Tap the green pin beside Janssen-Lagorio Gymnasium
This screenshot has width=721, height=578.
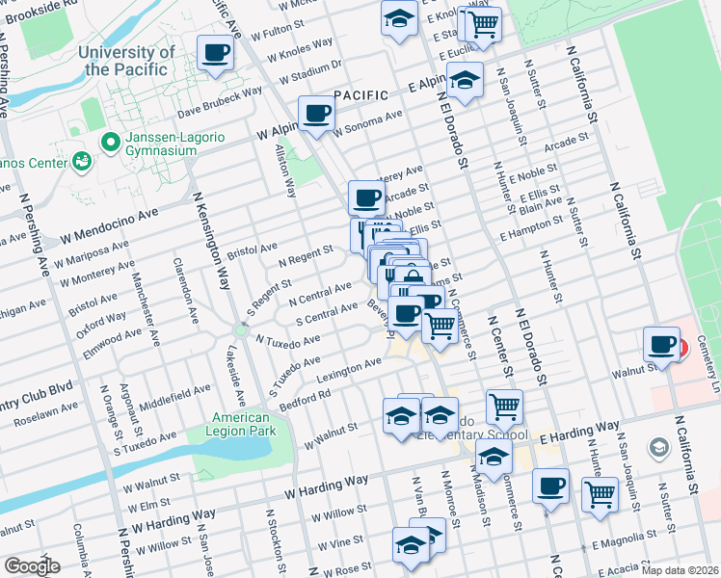pos(111,144)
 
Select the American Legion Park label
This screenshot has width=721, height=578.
pos(242,424)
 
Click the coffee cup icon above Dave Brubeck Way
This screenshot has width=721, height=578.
pos(216,53)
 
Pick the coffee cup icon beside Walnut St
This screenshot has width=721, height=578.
pos(663,344)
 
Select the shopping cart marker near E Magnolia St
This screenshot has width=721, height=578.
pos(601,495)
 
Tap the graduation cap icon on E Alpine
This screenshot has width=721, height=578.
pos(465,82)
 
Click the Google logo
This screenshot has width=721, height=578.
pos(32,565)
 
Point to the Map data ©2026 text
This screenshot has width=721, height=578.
pos(679,569)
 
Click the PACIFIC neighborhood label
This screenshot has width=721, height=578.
pos(360,95)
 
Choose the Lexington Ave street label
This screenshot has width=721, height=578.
pos(350,370)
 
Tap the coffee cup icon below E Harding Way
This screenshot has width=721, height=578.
pos(550,486)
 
